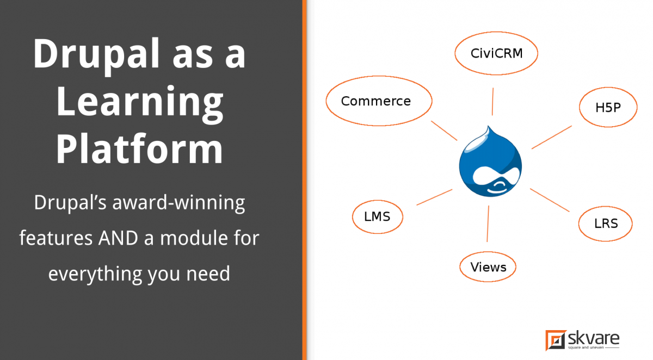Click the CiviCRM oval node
[x=496, y=53]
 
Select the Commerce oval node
[x=378, y=101]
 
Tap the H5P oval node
[x=607, y=107]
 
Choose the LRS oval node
[x=606, y=223]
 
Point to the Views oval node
[x=488, y=267]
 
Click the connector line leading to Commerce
[x=444, y=130]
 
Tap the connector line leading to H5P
[x=551, y=137]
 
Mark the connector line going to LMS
[x=434, y=197]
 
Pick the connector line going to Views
[x=488, y=223]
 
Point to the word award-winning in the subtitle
[x=179, y=203]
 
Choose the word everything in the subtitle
[x=95, y=273]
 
